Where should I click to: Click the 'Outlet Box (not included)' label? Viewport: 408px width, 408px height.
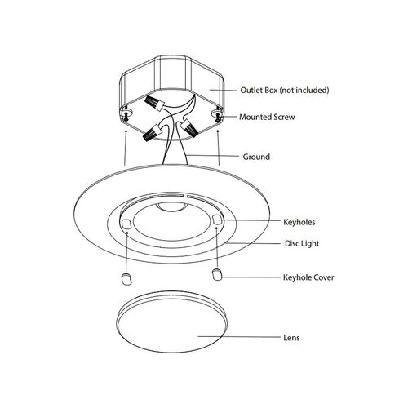285,90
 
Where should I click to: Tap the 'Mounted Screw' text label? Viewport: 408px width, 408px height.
267,117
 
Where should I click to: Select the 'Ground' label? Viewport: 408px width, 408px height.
256,157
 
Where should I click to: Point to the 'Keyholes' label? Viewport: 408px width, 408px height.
299,222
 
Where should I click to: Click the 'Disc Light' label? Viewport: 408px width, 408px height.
302,243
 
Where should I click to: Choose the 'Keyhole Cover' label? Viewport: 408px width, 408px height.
308,277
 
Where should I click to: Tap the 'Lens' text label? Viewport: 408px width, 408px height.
291,338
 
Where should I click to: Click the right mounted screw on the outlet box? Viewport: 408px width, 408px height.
218,116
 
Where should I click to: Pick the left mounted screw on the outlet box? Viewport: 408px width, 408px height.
126,116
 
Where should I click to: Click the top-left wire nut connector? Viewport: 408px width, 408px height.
154,103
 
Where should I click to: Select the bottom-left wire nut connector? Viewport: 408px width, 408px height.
153,132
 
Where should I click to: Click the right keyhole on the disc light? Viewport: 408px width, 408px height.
217,220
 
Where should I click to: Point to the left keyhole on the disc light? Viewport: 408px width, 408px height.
126,224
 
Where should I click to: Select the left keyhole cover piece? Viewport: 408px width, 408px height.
126,279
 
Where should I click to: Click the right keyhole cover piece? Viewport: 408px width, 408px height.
217,274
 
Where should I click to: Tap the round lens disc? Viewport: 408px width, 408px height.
171,322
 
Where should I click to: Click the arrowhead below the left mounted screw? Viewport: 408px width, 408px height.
126,131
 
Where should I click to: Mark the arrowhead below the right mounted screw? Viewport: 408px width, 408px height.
218,131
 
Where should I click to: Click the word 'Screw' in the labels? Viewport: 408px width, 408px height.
284,117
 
